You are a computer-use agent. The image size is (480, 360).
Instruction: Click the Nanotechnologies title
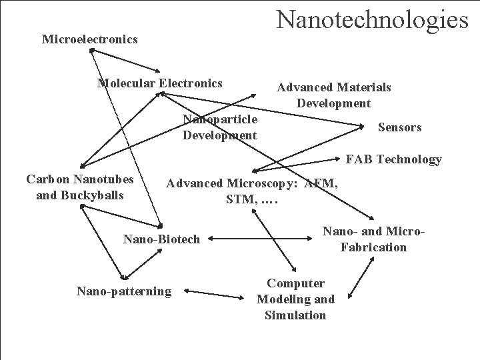point(373,19)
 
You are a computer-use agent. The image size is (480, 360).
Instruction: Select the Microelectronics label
point(89,39)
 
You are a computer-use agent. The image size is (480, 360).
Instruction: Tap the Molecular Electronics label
point(160,83)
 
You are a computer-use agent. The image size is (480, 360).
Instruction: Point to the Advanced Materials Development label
point(333,95)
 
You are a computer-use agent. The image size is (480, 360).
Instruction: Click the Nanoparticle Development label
point(219,127)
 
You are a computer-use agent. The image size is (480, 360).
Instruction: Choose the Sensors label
point(399,127)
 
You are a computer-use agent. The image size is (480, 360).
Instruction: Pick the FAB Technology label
point(393,159)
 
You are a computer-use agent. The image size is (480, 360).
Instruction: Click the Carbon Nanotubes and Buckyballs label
point(79,187)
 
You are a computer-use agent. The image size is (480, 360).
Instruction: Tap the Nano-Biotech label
point(161,239)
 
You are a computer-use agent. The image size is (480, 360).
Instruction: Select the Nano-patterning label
point(123,291)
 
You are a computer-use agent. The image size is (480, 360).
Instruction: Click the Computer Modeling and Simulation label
point(295,299)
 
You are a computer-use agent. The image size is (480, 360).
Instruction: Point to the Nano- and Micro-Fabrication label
point(373,239)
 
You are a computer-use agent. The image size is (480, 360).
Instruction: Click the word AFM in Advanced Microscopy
point(321,183)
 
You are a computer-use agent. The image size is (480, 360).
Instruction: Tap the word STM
point(237,199)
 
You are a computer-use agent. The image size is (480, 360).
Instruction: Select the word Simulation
point(295,315)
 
